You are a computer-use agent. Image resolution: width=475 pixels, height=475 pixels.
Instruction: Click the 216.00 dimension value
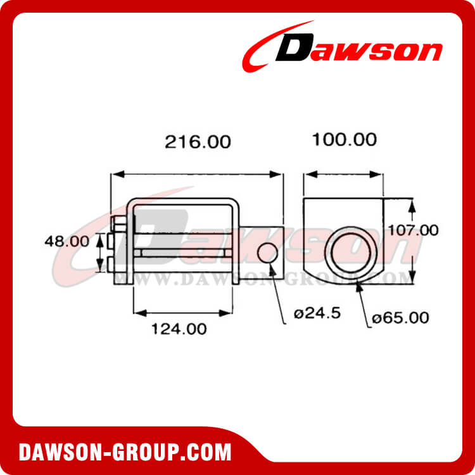[198, 142]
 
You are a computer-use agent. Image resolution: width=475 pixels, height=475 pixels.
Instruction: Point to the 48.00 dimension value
[66, 241]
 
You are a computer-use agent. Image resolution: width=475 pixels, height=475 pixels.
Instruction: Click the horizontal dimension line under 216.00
[196, 174]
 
